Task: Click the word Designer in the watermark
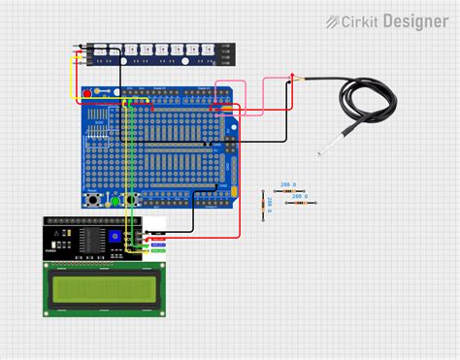(414, 20)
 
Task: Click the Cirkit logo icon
(333, 20)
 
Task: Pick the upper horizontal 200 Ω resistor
(287, 191)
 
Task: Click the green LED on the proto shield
(115, 201)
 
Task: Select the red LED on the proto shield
(88, 93)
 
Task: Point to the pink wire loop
(230, 97)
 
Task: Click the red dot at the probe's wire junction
(294, 76)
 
